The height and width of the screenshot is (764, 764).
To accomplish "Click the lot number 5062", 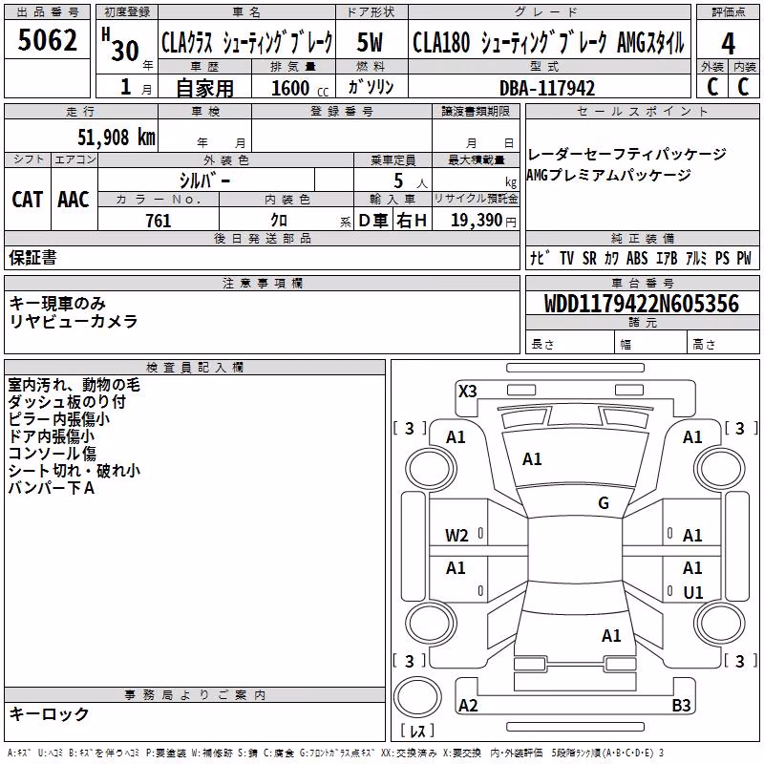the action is tap(47, 40).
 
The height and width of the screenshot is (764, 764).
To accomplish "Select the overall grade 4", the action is tap(728, 44).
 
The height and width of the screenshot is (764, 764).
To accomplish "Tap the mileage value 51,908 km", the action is tap(117, 138).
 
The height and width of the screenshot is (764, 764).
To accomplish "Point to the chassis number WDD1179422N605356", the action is tap(642, 304).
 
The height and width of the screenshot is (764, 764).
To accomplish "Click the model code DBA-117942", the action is tap(547, 88).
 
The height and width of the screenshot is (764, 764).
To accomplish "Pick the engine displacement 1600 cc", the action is tap(300, 88).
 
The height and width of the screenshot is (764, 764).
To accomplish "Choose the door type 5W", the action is tap(370, 42).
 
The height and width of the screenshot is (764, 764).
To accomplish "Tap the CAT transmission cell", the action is tap(28, 200).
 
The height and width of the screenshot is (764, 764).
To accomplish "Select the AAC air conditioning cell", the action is tap(74, 200).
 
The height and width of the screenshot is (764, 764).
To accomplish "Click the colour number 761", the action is tap(159, 221).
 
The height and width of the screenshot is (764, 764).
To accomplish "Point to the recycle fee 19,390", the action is tap(476, 221).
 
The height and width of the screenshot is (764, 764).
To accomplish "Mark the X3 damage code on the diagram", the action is tap(467, 392).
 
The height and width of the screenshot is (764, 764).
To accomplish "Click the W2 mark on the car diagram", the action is tap(456, 536).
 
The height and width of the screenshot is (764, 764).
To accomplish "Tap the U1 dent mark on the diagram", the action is tap(693, 592).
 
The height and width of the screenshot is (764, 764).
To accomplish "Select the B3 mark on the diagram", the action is tap(681, 705).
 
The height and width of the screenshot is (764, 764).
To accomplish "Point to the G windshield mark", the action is tap(604, 503).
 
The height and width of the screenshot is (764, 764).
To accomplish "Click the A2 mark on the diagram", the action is tap(468, 705).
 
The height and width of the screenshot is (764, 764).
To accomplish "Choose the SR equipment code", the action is tap(589, 258).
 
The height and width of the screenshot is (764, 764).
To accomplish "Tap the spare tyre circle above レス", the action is tap(417, 697).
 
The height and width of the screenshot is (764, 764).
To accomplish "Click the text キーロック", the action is tap(49, 714).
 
